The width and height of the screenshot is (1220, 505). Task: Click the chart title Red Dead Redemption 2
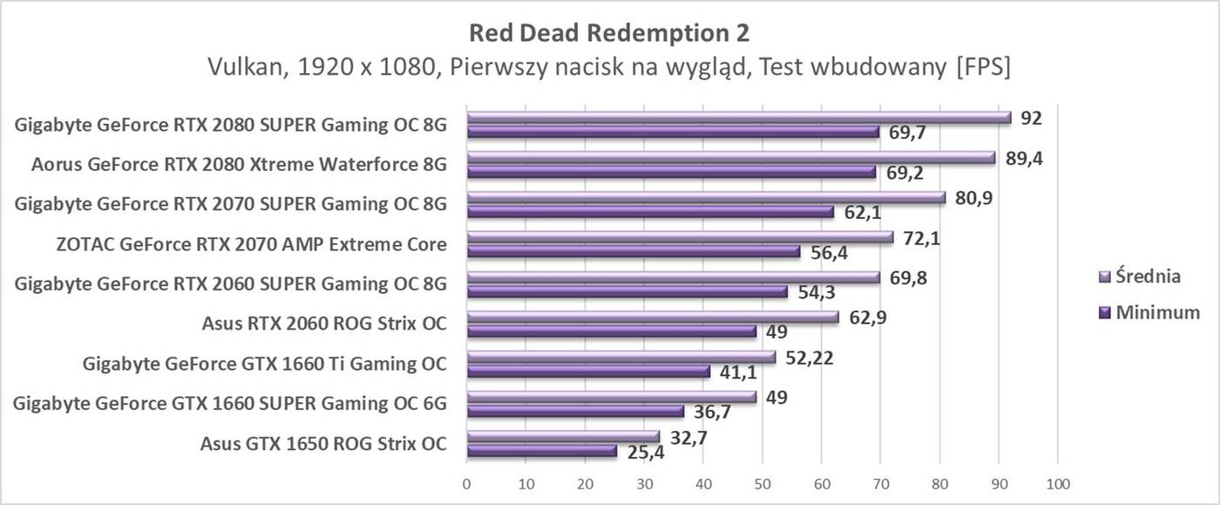click(x=609, y=32)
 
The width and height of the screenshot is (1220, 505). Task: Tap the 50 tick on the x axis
click(x=762, y=483)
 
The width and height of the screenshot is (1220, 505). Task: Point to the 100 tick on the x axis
click(x=1057, y=483)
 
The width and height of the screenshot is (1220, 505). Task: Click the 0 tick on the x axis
click(x=467, y=483)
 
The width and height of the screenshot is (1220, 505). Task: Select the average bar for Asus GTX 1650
click(x=563, y=436)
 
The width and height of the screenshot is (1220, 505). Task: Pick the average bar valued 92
click(x=738, y=117)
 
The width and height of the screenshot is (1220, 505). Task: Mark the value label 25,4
click(x=645, y=453)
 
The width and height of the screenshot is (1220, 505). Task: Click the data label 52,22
click(x=809, y=357)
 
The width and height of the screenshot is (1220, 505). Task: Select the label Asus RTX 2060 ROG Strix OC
click(x=323, y=324)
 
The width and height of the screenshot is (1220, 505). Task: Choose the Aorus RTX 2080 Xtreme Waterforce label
click(x=239, y=164)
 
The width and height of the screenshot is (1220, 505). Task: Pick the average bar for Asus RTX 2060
click(x=652, y=317)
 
